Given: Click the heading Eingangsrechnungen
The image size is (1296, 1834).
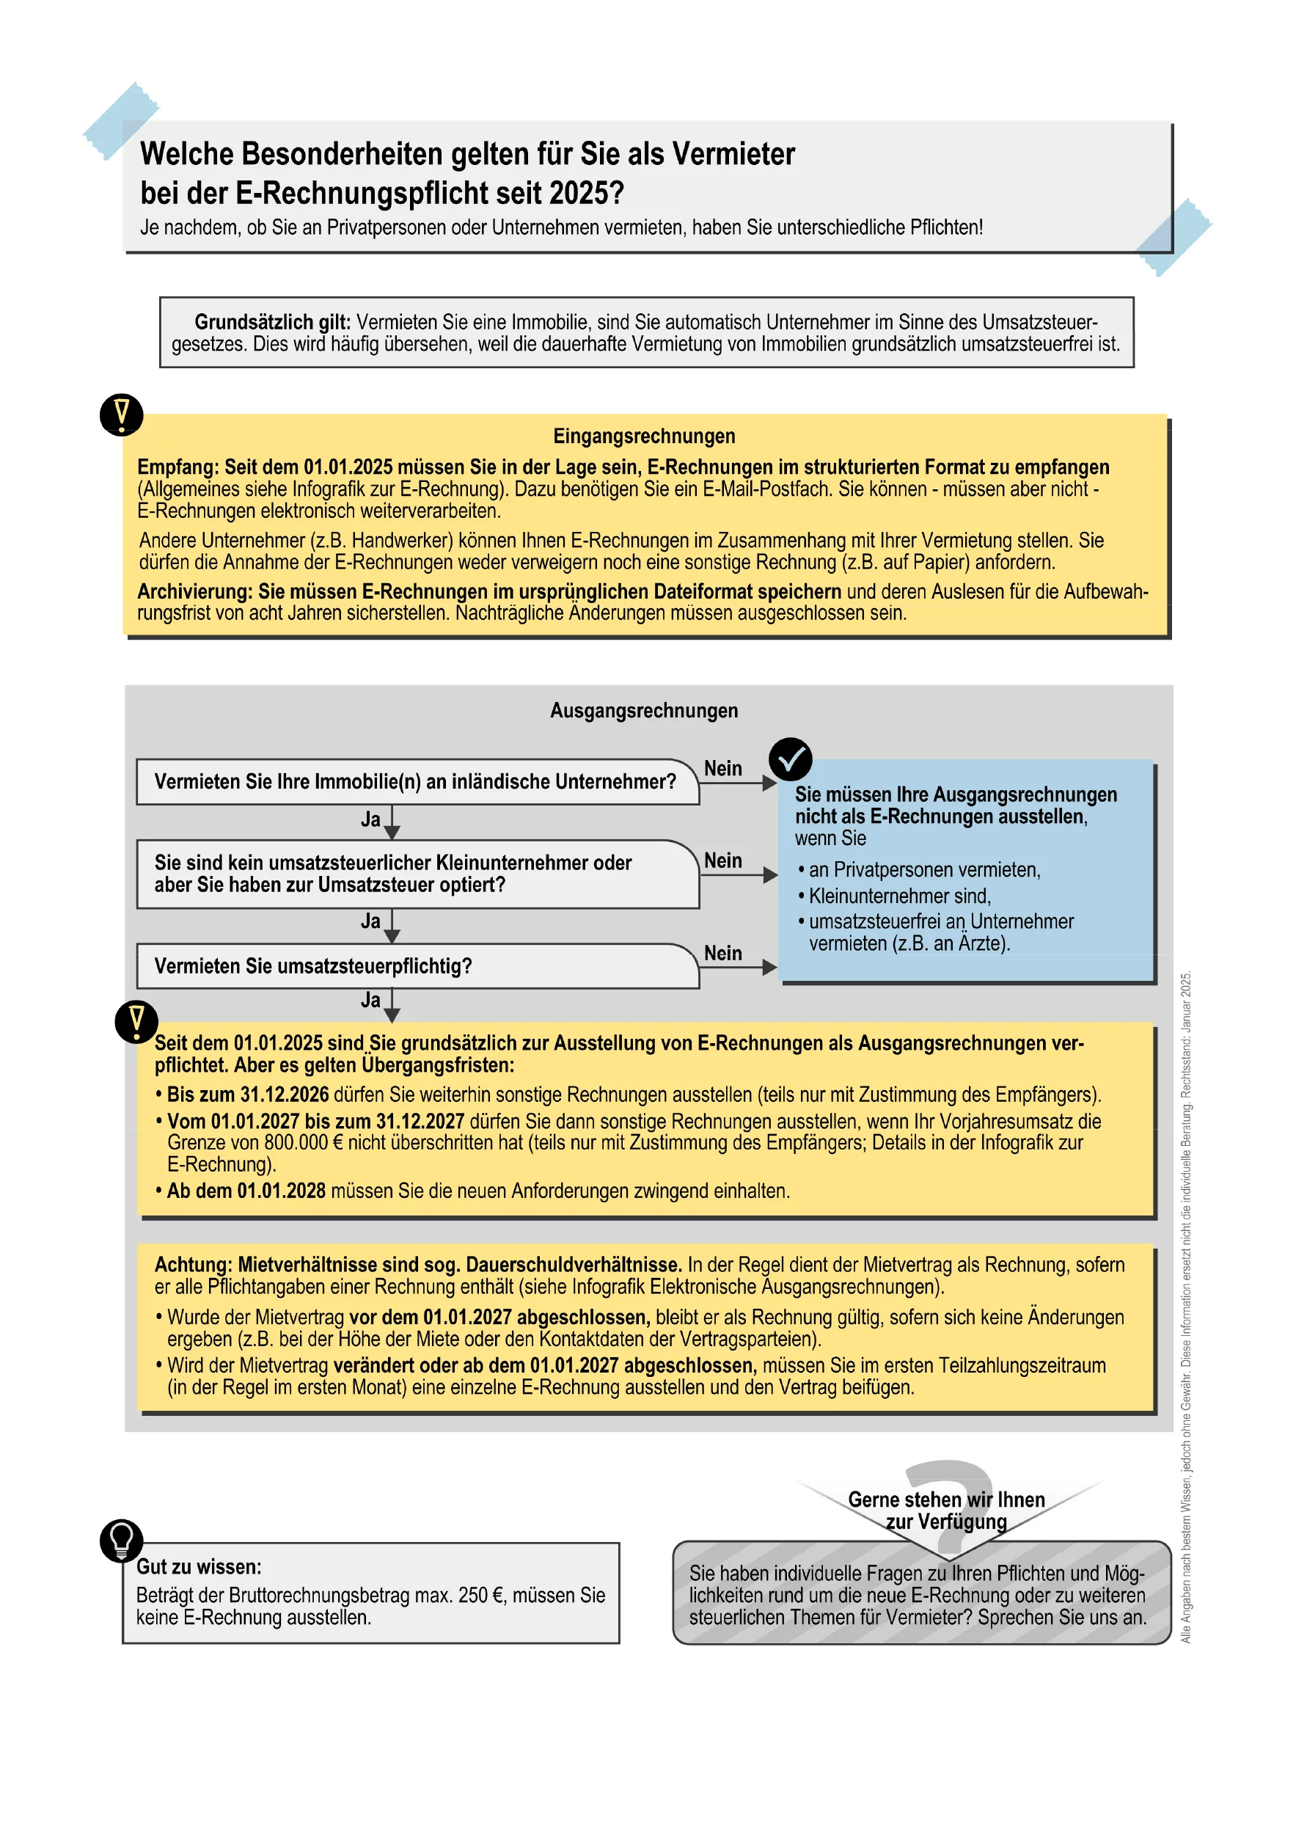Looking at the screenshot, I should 644,436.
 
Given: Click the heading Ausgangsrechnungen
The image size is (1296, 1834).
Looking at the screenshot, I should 644,710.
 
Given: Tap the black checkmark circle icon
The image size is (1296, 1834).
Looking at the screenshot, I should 790,759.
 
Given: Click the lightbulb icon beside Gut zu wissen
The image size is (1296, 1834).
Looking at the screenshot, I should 121,1540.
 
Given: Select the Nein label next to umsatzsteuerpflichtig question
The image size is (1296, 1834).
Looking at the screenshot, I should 722,953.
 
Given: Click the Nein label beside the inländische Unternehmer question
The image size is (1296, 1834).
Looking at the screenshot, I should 722,768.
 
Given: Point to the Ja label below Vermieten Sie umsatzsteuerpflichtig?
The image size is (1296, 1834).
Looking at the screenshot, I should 370,1000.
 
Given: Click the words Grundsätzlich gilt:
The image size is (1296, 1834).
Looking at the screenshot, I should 272,322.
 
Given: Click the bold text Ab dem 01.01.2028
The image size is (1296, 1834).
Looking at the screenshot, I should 246,1191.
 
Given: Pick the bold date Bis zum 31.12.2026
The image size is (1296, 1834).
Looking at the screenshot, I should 248,1095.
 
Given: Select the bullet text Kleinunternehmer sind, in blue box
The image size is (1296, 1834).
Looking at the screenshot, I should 899,896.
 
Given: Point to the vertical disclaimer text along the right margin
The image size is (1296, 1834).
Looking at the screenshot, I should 1186,1310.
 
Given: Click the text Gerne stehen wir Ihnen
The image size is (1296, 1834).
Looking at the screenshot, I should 945,1499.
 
